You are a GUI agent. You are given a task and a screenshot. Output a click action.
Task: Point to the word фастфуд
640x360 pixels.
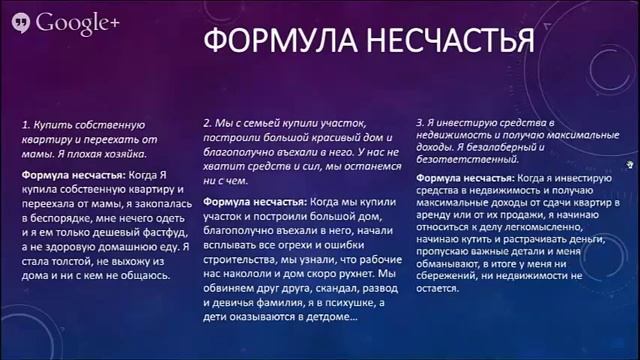159,226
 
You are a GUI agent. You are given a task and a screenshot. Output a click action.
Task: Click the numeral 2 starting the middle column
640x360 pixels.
206,120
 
